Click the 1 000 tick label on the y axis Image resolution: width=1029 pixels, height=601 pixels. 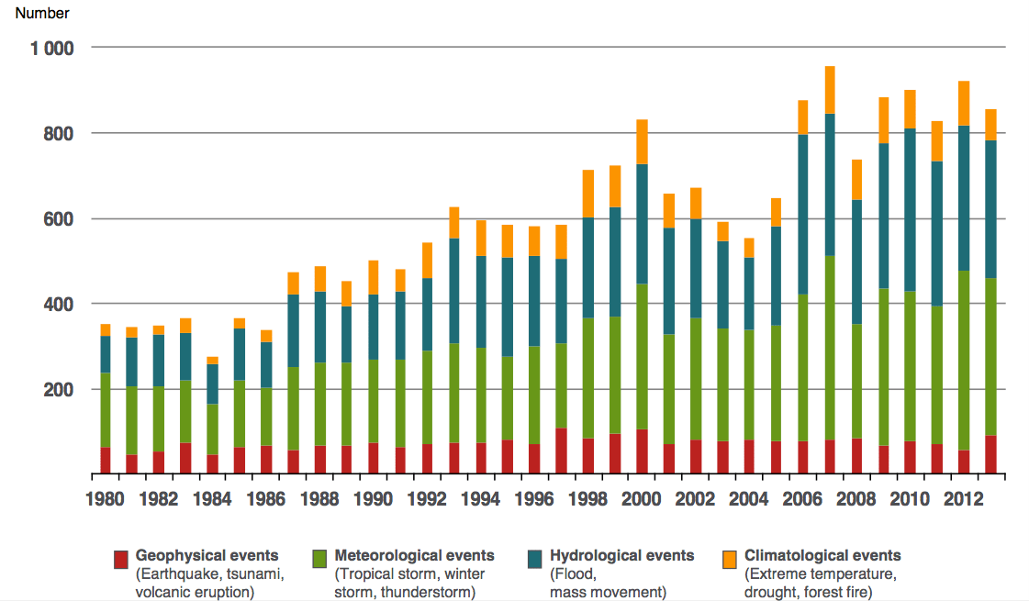(x=51, y=48)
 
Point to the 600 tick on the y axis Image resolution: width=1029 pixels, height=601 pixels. (x=59, y=219)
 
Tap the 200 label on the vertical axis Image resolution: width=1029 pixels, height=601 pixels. (x=59, y=390)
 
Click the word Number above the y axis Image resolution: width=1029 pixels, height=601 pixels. (x=42, y=14)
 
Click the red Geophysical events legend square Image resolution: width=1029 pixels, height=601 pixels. (x=120, y=559)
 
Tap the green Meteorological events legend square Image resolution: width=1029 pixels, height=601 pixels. (x=320, y=559)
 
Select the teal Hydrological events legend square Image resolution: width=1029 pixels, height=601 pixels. (x=536, y=559)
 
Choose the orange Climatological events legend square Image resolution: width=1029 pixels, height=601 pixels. (x=731, y=559)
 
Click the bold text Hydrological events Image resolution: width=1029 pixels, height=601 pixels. (x=621, y=555)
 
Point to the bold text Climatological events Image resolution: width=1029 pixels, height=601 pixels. (x=822, y=555)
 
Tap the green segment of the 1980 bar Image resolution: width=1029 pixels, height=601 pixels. (x=106, y=410)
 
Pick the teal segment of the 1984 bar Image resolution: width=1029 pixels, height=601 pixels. (x=213, y=384)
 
